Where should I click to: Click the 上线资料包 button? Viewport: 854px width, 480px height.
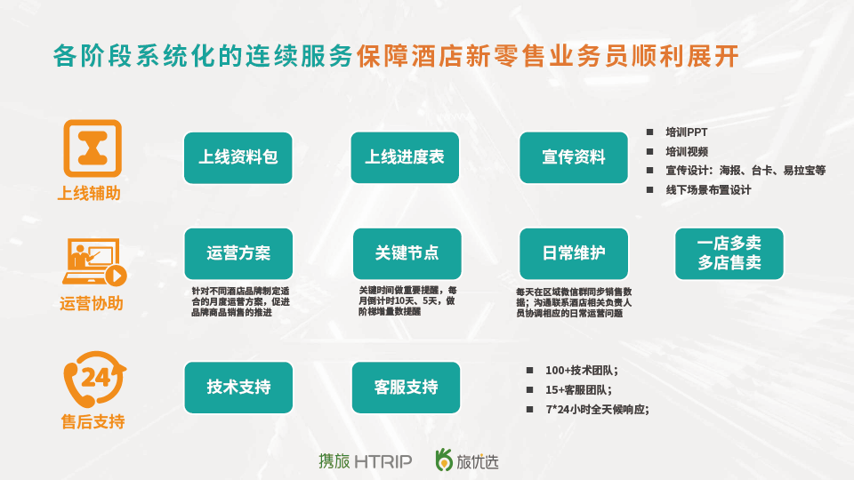click(238, 158)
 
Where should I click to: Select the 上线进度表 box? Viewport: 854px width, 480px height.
click(405, 158)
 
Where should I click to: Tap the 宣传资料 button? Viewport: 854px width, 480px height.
click(574, 158)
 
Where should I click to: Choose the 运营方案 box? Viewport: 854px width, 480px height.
click(238, 253)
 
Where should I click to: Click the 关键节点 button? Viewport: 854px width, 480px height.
click(407, 253)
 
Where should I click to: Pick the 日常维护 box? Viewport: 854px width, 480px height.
click(574, 253)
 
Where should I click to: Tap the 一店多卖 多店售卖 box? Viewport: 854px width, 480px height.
click(729, 253)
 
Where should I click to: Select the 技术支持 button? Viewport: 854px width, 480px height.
click(238, 388)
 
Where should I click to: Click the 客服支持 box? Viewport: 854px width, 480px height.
click(406, 388)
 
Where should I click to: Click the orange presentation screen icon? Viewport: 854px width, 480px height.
click(93, 261)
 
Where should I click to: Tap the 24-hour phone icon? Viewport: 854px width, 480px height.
click(95, 379)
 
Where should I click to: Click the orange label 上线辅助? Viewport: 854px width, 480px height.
click(89, 193)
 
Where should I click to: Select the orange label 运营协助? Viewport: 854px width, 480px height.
click(92, 303)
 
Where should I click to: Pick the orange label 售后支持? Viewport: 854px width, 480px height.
click(93, 421)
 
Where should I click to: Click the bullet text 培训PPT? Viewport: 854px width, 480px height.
click(686, 132)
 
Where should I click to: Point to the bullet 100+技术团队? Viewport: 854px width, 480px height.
click(582, 371)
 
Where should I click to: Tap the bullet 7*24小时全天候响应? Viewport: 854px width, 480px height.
click(598, 409)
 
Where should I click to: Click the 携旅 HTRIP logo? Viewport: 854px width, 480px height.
click(365, 461)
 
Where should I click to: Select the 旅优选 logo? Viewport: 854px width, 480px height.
click(467, 460)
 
